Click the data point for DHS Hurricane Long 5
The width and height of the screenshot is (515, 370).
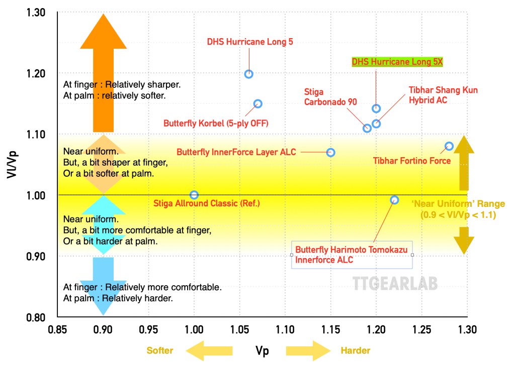[248, 74]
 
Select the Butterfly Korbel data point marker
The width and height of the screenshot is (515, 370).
[257, 104]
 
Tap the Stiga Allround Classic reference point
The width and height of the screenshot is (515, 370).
[194, 195]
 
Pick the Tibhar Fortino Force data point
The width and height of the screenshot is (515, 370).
[449, 146]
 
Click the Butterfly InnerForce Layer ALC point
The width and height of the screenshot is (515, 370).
[330, 152]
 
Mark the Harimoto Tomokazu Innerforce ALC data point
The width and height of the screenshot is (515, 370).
[394, 200]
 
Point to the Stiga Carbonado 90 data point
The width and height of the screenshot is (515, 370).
[367, 128]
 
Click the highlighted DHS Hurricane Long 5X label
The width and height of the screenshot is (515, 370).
[399, 62]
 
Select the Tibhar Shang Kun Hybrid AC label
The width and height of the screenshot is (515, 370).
[443, 95]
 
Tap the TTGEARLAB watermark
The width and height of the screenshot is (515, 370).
[394, 284]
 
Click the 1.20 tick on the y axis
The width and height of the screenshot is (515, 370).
[36, 74]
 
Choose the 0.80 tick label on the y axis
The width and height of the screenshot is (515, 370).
[36, 317]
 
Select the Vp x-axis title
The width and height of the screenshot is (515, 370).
[262, 351]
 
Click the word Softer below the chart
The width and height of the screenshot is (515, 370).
[160, 350]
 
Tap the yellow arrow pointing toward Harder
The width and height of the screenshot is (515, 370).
[307, 350]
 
